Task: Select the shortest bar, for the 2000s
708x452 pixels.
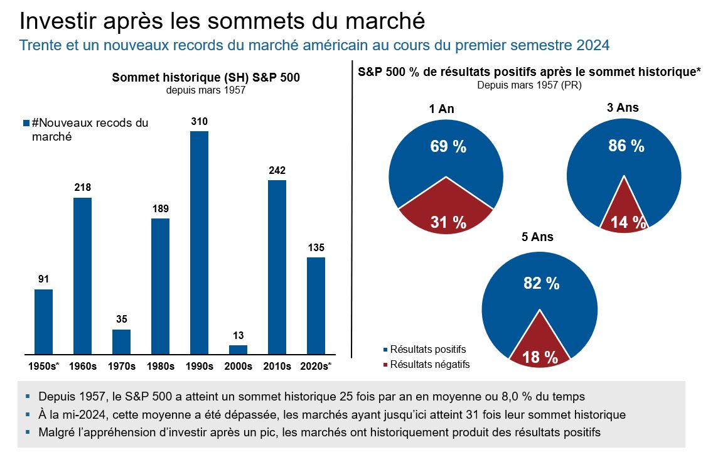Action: pyautogui.click(x=238, y=349)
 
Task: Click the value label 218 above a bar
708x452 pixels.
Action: pyautogui.click(x=82, y=188)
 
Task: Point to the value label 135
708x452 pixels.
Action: pyautogui.click(x=316, y=247)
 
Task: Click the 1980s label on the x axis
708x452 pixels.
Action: pyautogui.click(x=160, y=365)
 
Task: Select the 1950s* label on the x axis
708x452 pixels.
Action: pyautogui.click(x=43, y=365)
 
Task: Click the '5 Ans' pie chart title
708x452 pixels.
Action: pyautogui.click(x=539, y=237)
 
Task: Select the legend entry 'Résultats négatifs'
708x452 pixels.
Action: pyautogui.click(x=429, y=364)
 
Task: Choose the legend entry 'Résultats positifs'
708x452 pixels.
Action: pyautogui.click(x=428, y=349)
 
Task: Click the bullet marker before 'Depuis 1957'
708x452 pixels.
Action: pyautogui.click(x=28, y=397)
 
